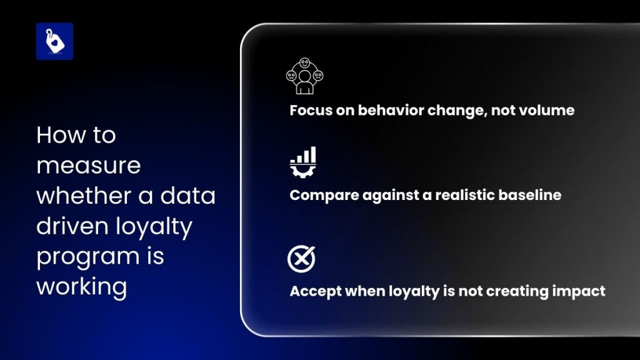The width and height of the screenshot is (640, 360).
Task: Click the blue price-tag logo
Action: [x=54, y=41]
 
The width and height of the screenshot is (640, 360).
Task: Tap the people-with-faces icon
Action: [x=304, y=76]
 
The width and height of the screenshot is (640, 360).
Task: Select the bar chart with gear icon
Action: [x=303, y=161]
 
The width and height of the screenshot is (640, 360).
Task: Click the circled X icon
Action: [x=301, y=259]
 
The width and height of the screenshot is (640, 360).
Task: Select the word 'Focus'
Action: [x=310, y=111]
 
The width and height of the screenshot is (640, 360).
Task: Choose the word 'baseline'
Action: [x=529, y=195]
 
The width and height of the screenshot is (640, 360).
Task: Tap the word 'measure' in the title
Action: [x=88, y=166]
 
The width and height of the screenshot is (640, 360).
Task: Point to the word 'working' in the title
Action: [x=82, y=287]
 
